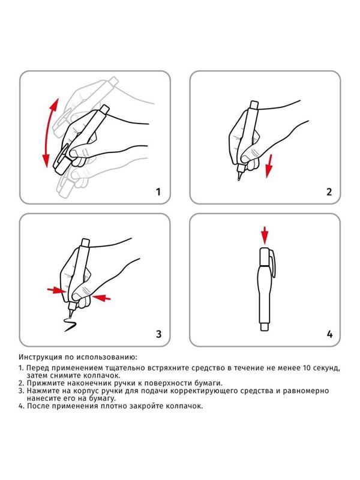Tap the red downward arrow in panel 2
(269, 165)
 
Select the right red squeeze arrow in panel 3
(101, 296)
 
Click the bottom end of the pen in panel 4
(264, 326)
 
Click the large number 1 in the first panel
(158, 192)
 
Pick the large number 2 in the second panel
(328, 192)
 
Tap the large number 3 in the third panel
(158, 334)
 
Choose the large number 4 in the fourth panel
(328, 334)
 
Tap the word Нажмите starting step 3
(43, 391)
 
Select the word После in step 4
(38, 406)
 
